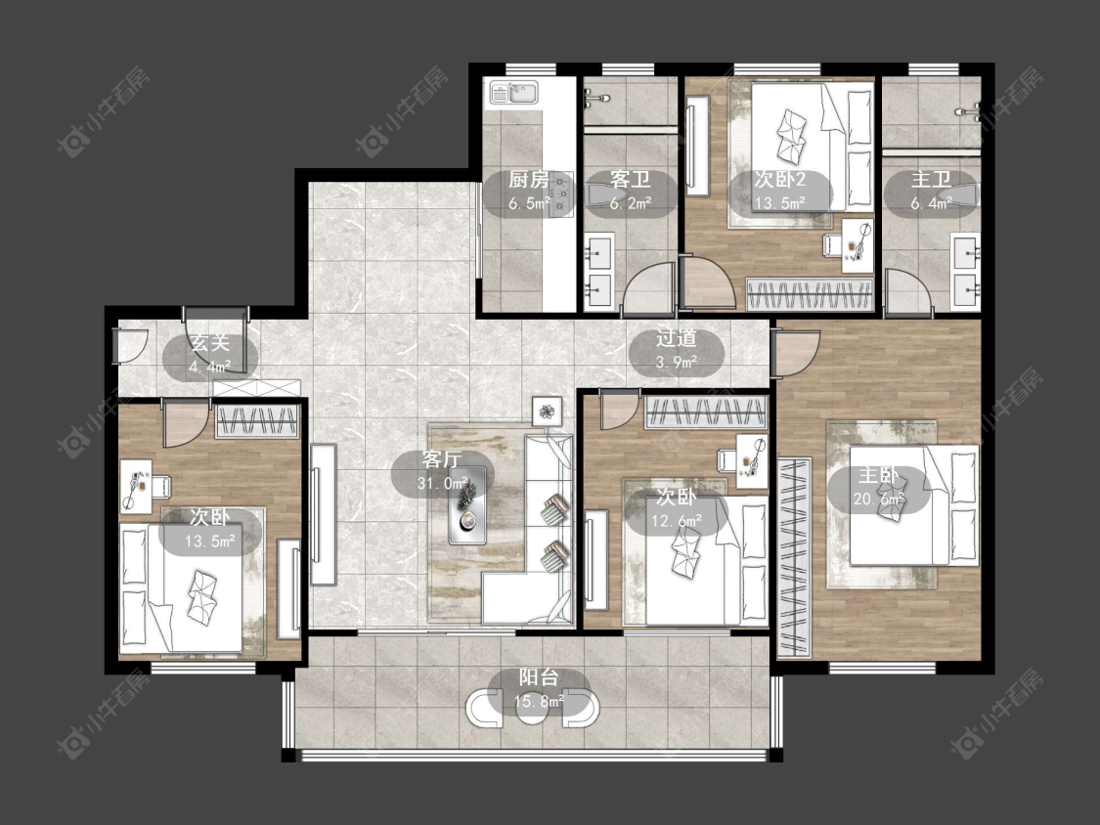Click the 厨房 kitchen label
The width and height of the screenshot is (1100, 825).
[528, 180]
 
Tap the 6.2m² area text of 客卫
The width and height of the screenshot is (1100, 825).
[630, 203]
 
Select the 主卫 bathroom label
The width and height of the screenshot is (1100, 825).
[931, 180]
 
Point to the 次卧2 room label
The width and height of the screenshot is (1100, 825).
[780, 180]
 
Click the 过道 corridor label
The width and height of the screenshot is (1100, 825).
[677, 338]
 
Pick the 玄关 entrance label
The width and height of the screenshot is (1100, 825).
[210, 343]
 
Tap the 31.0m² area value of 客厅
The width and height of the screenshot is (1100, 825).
[442, 483]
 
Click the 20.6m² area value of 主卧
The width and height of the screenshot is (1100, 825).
[878, 499]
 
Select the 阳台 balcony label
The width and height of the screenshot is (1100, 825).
[539, 677]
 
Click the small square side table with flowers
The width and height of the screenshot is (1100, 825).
[547, 411]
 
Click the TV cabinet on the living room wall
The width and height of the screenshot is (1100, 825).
[323, 514]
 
